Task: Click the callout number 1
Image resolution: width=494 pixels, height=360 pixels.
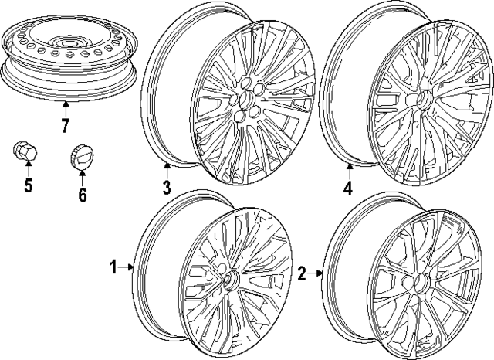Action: tap(113, 268)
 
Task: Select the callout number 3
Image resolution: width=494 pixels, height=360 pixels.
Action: tap(167, 187)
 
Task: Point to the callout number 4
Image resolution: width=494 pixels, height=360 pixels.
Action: tap(348, 188)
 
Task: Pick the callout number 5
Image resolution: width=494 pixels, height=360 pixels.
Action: tap(28, 186)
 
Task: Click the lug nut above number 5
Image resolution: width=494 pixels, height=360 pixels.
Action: tap(25, 151)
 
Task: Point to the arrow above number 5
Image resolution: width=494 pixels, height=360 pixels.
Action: tap(28, 169)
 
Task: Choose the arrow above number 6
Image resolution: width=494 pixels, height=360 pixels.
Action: tap(82, 175)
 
